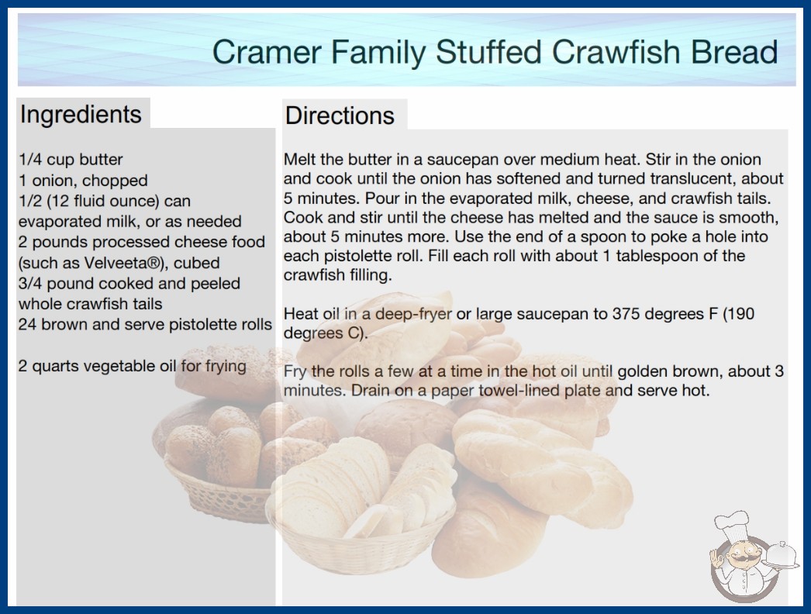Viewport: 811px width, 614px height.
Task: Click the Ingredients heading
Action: [81, 114]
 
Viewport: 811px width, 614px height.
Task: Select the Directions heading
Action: [340, 116]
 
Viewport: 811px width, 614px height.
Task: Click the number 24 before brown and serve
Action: [27, 324]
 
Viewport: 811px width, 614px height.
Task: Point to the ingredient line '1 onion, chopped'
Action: [83, 180]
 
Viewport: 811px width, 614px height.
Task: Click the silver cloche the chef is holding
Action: [782, 556]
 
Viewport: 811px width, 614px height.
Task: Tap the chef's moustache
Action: [742, 558]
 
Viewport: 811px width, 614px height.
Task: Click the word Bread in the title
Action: [734, 52]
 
